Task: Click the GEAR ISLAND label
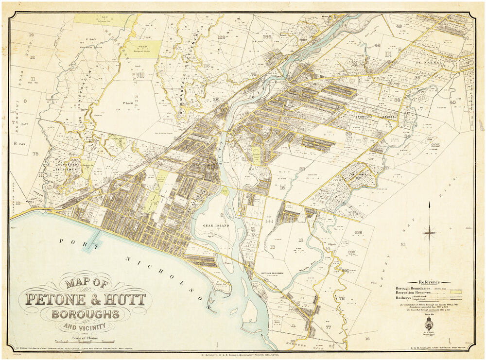tap(210, 225)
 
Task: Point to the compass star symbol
tap(430, 234)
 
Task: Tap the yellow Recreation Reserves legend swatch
tap(456, 292)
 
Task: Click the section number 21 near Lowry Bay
tap(403, 244)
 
